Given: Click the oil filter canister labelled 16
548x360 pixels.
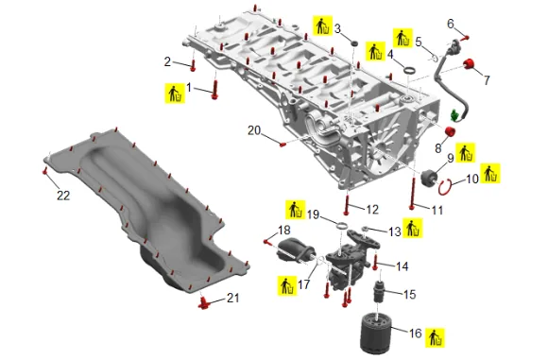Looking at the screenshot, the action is click(376, 334).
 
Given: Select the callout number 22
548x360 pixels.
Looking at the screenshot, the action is click(63, 196).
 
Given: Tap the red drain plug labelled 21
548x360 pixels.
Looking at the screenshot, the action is click(203, 303).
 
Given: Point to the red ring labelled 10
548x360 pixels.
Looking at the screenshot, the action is click(445, 187).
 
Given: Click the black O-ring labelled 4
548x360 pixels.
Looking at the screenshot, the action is click(410, 70).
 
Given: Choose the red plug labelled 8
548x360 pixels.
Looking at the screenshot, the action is click(450, 132).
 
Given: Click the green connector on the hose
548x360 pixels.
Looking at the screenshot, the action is click(454, 115).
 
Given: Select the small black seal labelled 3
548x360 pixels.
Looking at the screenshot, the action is click(354, 43).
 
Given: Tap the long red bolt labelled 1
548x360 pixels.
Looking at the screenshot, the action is click(214, 90).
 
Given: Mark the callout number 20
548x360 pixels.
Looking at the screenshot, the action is click(254, 130).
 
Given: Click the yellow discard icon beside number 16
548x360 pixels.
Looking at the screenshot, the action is click(436, 338).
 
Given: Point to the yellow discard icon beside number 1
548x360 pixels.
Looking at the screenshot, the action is click(175, 94).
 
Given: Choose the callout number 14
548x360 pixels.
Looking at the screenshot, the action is click(402, 266).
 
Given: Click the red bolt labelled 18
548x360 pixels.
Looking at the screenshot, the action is click(267, 242).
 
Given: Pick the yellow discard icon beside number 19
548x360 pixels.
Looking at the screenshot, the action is click(296, 210).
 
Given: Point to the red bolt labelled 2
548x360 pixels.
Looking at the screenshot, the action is click(193, 65).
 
